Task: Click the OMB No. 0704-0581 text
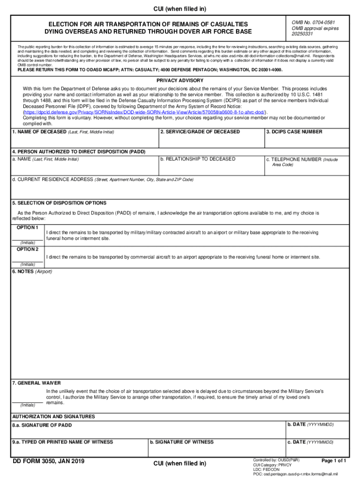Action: pos(313,22)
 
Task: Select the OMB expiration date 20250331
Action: pos(302,34)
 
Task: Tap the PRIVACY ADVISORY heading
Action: pos(180,80)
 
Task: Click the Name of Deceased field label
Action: pos(63,132)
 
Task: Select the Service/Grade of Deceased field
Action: pos(211,140)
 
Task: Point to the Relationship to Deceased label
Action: pos(198,159)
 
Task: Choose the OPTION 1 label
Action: pos(28,227)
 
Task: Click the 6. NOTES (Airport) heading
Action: pos(32,272)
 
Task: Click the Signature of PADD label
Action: pos(42,425)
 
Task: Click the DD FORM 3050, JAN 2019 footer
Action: pos(49,462)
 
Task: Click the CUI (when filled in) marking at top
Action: pos(180,9)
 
